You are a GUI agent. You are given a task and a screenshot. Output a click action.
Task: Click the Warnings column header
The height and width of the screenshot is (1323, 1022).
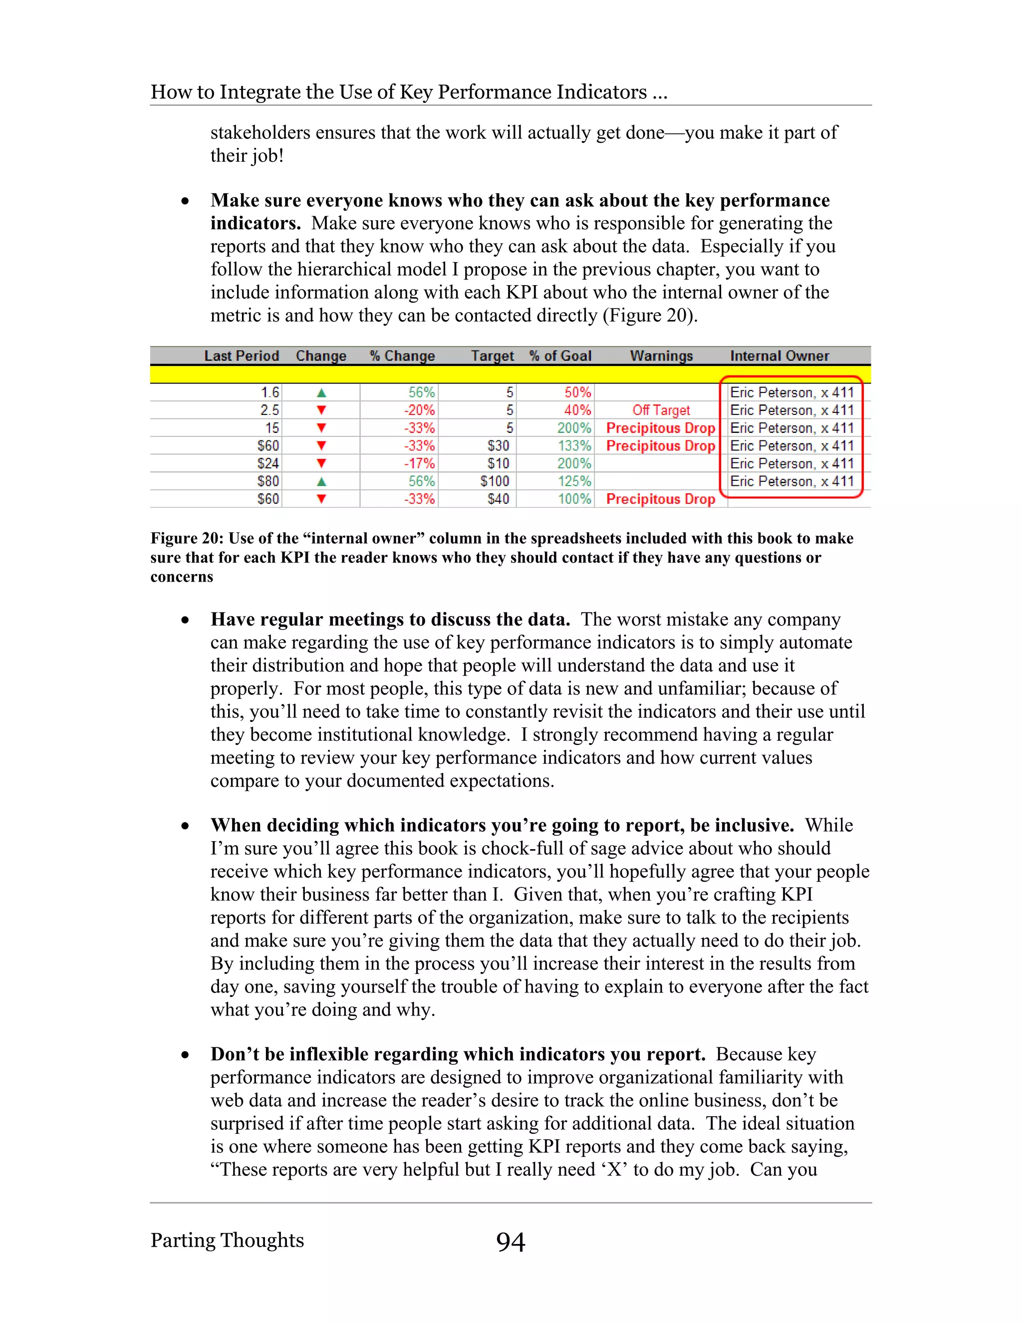(x=661, y=356)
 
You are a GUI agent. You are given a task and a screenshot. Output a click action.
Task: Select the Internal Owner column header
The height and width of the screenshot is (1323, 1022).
(x=779, y=356)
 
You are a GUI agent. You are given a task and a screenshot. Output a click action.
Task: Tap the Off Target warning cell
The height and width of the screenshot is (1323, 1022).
(x=661, y=411)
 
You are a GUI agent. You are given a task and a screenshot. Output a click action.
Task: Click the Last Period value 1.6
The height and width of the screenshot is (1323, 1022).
(x=270, y=392)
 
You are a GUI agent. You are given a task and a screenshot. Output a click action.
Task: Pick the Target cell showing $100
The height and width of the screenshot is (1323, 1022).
(x=495, y=482)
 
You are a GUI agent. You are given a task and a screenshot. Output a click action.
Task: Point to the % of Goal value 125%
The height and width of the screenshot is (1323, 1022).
(x=574, y=482)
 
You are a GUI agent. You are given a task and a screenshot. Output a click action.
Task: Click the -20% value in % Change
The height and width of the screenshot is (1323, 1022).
(x=420, y=411)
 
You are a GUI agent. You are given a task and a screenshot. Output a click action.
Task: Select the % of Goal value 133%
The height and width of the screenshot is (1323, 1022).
(x=574, y=446)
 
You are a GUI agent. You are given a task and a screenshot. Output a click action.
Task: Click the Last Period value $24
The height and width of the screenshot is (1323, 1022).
(x=268, y=464)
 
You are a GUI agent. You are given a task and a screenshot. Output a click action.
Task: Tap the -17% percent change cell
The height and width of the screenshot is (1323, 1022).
(x=420, y=464)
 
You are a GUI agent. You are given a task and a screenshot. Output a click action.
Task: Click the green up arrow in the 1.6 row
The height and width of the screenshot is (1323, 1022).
(x=321, y=393)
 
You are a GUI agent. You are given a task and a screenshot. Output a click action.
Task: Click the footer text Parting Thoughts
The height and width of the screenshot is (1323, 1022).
(x=227, y=1240)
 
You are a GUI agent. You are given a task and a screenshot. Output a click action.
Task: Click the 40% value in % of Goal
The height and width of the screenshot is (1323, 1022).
(x=577, y=411)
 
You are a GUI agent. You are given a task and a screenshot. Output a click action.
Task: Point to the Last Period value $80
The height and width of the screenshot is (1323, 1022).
(x=268, y=482)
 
